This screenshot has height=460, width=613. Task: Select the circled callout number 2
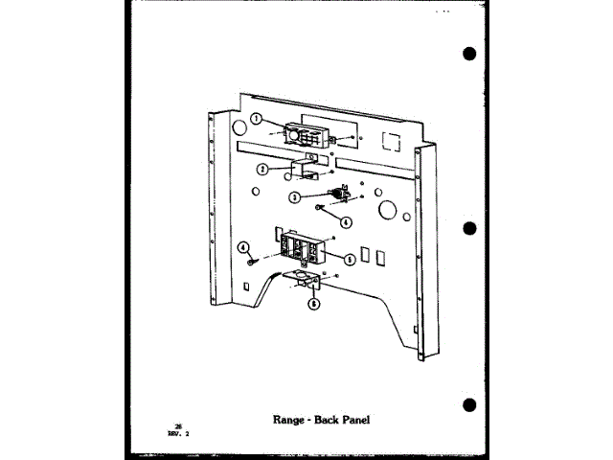point(261,170)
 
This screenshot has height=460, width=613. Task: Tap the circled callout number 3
point(295,197)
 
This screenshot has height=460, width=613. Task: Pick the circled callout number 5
point(350,259)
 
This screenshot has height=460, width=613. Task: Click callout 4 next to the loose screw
point(243,247)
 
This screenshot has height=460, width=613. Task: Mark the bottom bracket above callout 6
point(308,283)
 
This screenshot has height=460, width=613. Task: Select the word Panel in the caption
point(351,418)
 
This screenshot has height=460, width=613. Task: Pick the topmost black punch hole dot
point(468,54)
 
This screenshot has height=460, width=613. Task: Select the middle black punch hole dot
point(468,230)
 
